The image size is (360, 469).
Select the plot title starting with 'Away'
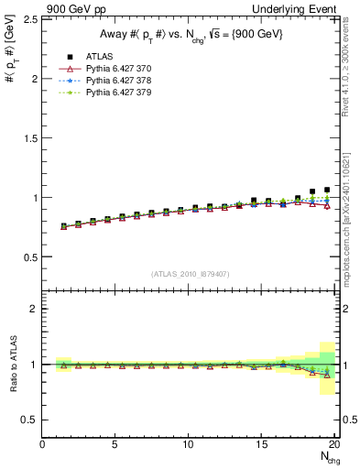(x=191, y=35)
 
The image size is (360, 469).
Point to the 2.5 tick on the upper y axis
(x=29, y=19)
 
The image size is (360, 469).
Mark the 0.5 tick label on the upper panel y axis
(x=29, y=257)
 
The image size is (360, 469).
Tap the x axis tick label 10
(x=189, y=444)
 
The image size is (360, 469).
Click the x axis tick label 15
(x=262, y=444)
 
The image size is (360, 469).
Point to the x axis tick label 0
(x=43, y=444)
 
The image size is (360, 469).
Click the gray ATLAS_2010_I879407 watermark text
(x=191, y=274)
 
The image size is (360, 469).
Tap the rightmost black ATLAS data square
(x=327, y=190)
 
